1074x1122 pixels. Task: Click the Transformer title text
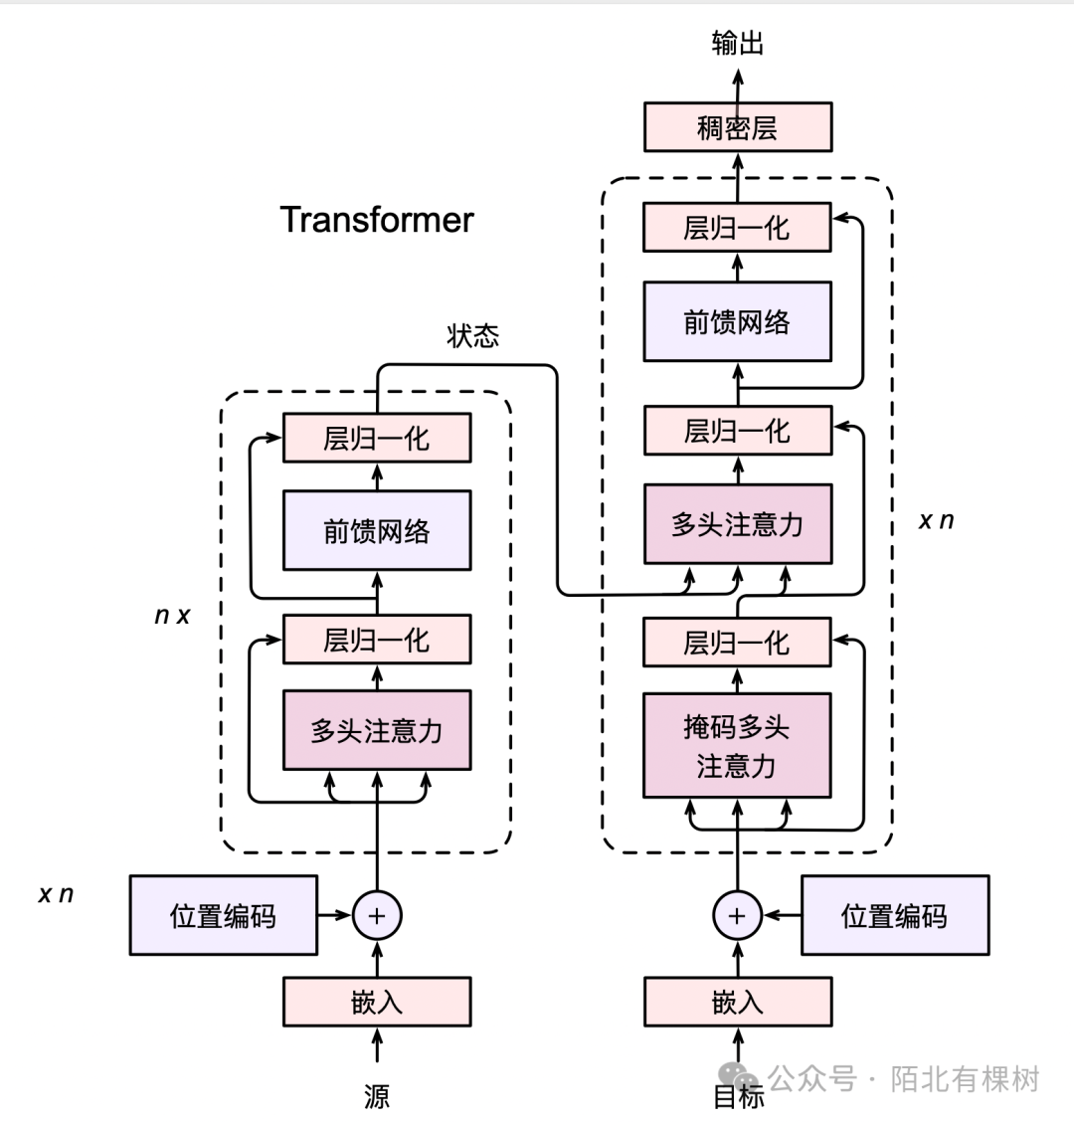click(x=377, y=220)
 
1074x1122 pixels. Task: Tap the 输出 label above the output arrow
click(x=737, y=43)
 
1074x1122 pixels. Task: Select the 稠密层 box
click(x=737, y=127)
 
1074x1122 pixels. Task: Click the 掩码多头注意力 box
click(x=737, y=746)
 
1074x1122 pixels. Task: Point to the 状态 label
click(x=472, y=336)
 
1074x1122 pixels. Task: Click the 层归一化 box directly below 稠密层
click(x=737, y=228)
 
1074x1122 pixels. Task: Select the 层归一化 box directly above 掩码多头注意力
click(x=737, y=643)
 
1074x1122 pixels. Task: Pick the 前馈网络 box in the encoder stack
click(x=377, y=531)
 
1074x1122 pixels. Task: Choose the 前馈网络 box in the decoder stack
click(x=737, y=321)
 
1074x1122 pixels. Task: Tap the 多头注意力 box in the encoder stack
click(x=377, y=731)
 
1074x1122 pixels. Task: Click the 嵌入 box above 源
click(x=377, y=1002)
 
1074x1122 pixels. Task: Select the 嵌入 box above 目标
click(x=737, y=1002)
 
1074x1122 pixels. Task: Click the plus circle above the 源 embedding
click(x=377, y=915)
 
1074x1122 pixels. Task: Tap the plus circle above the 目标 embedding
click(x=737, y=915)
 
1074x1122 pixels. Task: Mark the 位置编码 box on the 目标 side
click(x=895, y=915)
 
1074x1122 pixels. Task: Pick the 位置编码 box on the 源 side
click(x=223, y=915)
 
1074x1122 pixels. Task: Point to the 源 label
click(x=377, y=1095)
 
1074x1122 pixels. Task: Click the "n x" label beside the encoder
click(x=172, y=616)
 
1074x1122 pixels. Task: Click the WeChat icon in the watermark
click(x=740, y=1077)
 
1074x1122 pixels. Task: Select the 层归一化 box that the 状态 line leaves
click(x=377, y=439)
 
